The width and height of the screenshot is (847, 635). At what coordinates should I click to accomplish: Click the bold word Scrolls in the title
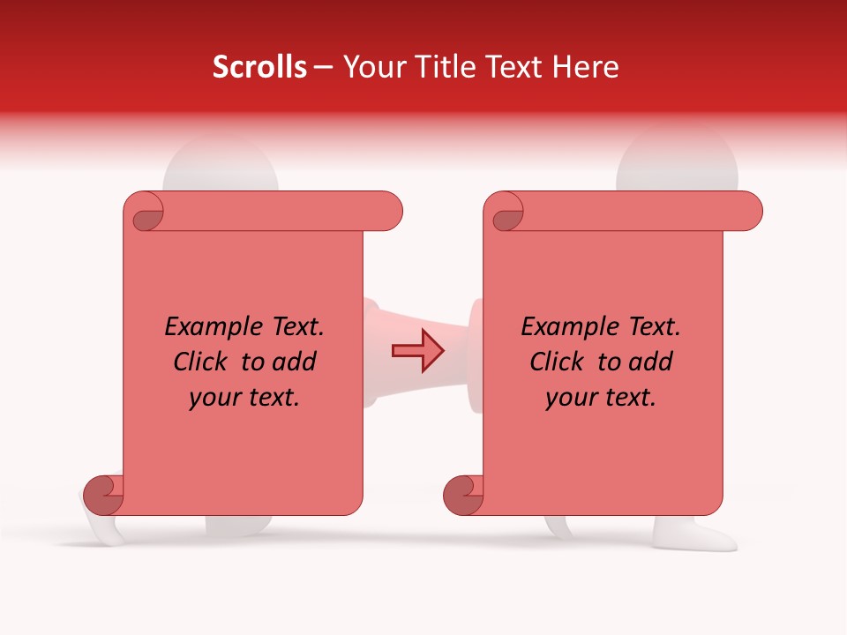[260, 67]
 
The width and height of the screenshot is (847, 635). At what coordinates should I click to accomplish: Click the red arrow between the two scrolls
[417, 351]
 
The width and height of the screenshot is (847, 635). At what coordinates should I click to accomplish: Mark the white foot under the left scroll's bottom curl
[104, 529]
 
